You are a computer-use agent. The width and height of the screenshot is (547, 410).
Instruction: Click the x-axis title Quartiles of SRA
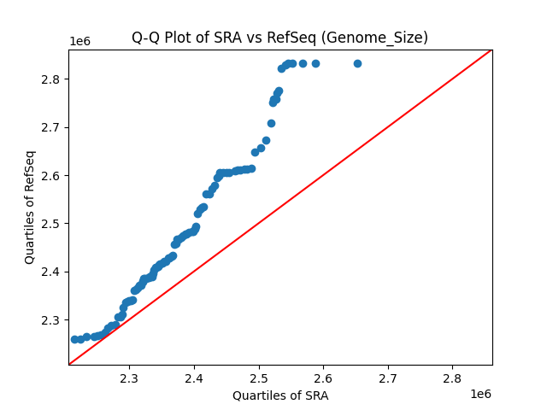[x=280, y=395]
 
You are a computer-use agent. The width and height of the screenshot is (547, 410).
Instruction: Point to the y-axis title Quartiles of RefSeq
[x=30, y=207]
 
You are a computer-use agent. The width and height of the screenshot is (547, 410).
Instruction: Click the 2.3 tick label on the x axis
[x=129, y=378]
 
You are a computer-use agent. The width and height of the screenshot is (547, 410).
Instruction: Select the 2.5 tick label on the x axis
[x=258, y=378]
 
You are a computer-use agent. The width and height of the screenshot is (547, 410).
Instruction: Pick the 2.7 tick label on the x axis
[x=387, y=378]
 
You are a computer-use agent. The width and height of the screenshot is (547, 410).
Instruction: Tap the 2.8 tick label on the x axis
[x=452, y=378]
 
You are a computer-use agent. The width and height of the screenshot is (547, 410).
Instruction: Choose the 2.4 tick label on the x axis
[x=194, y=378]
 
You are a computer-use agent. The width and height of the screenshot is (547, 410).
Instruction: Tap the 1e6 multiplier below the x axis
[x=479, y=393]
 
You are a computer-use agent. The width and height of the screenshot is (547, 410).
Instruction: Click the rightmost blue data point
[x=357, y=63]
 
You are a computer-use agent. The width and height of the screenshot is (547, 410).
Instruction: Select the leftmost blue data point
[x=74, y=339]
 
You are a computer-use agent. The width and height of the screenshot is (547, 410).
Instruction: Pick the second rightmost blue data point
[x=315, y=63]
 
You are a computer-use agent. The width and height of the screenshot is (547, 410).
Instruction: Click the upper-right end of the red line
[x=491, y=50]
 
